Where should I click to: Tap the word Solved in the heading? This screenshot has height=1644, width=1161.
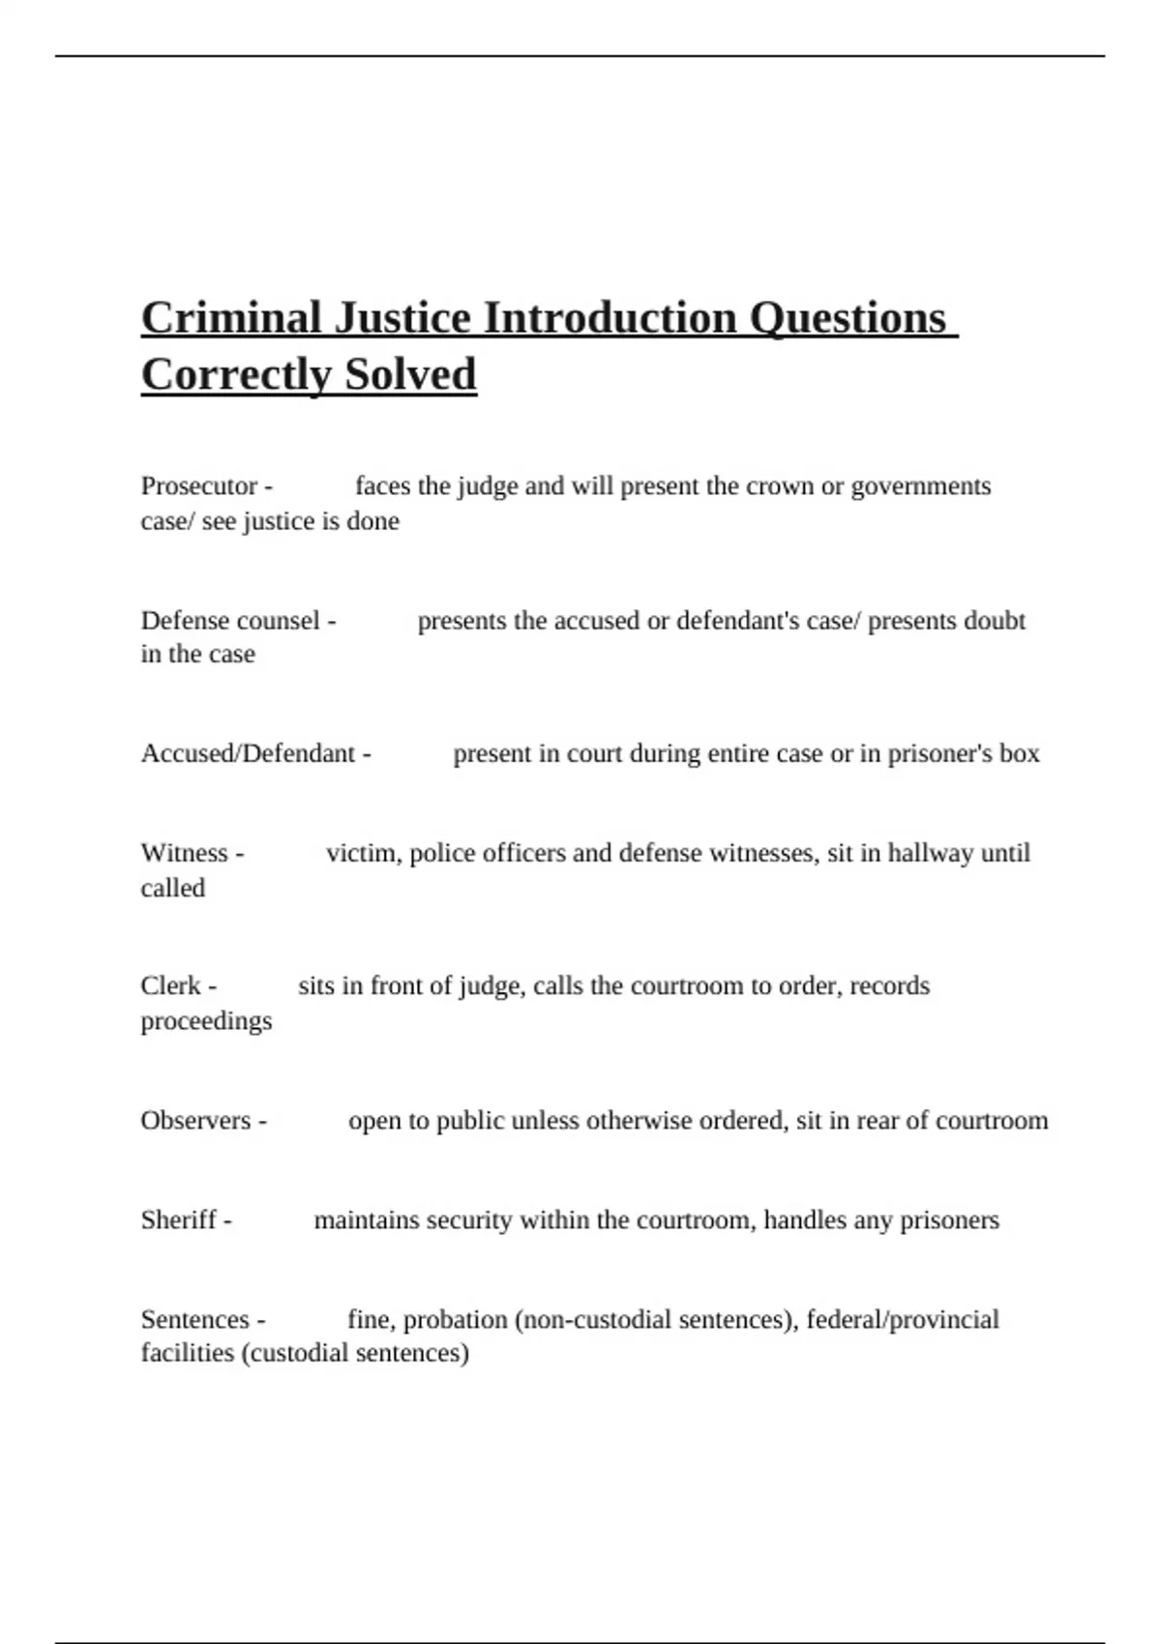pos(410,375)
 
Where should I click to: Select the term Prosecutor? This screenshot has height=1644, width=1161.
pos(199,485)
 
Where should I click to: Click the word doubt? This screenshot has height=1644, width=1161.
pos(994,620)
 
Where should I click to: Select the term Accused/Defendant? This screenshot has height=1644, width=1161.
pos(248,753)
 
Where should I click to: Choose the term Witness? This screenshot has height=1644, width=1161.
pos(184,853)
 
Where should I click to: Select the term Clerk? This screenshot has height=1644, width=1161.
pos(170,985)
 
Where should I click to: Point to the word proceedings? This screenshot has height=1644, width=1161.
pos(206,1021)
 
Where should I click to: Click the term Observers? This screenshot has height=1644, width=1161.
pos(195,1120)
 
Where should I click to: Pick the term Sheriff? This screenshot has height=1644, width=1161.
pos(178,1219)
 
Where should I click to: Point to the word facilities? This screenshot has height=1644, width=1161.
pos(187,1353)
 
